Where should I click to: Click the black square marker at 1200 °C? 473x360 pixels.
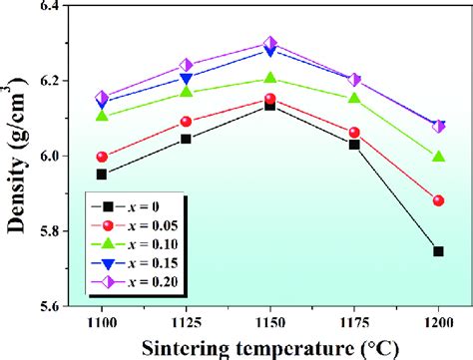tap(438, 251)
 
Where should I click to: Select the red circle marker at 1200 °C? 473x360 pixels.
tap(438, 200)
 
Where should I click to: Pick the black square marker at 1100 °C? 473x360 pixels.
tap(102, 174)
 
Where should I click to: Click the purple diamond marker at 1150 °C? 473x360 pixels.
tap(269, 44)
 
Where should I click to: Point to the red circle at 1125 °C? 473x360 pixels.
tap(186, 122)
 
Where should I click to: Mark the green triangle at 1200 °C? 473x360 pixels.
tap(438, 157)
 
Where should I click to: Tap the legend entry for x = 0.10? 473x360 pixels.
tap(140, 244)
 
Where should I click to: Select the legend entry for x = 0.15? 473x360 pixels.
tap(140, 264)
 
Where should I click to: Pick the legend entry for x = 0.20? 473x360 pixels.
tap(140, 284)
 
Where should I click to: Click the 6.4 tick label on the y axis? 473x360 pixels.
tap(45, 7)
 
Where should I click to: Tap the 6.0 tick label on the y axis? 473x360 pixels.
tap(45, 157)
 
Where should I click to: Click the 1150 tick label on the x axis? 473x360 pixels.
tap(269, 324)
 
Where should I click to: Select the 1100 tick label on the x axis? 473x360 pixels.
tap(102, 324)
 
